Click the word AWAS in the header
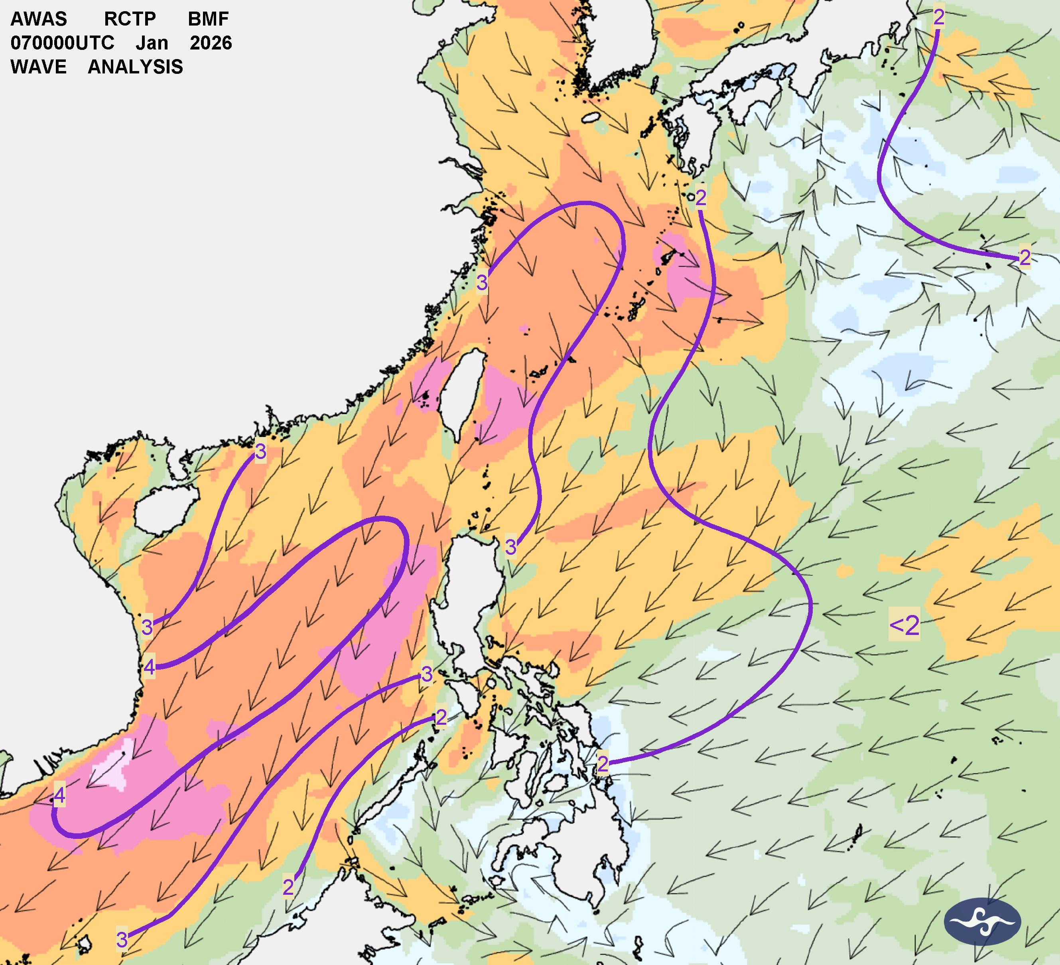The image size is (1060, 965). (39, 19)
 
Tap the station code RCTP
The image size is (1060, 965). (130, 19)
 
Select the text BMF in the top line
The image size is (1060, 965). (208, 19)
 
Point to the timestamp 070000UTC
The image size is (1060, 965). (63, 43)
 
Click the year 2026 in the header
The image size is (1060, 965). (211, 43)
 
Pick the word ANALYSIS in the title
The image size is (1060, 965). (135, 67)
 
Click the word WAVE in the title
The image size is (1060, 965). (38, 67)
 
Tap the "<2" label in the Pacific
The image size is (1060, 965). (904, 625)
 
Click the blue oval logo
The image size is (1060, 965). (982, 921)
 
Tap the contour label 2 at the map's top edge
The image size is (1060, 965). (938, 18)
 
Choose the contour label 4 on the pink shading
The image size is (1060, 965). (59, 795)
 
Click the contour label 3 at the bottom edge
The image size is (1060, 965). (122, 939)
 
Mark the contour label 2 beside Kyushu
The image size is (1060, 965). (700, 198)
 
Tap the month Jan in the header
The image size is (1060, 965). (152, 43)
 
